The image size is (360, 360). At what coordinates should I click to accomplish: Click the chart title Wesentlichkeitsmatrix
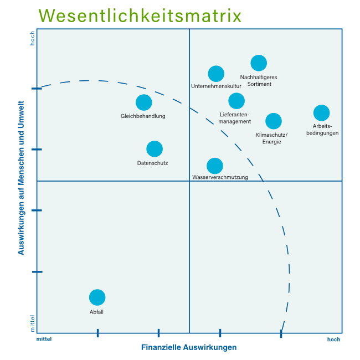point(141,16)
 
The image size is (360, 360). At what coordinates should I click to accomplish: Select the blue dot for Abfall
point(97,297)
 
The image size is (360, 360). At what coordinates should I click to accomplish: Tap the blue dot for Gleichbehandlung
point(143,102)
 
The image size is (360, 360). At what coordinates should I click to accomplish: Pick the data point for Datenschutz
point(155,149)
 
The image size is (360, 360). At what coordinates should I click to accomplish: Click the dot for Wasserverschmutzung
point(215,166)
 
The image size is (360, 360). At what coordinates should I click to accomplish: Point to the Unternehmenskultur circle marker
point(216,74)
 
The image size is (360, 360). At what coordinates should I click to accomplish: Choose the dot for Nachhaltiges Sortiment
point(259,63)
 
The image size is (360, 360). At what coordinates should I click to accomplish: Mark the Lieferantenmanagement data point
point(236,101)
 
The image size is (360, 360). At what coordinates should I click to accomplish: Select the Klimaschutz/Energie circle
point(273,121)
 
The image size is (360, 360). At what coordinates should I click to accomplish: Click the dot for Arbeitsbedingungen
point(321,113)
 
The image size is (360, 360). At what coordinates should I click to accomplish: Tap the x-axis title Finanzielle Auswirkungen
point(189,348)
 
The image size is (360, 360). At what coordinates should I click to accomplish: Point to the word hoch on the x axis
point(333,340)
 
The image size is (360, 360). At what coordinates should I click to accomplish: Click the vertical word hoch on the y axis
point(32,38)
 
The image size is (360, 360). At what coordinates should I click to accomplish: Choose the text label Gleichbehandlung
point(143,116)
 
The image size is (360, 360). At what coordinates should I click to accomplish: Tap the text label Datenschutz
point(152,163)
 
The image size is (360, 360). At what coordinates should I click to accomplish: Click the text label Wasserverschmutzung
point(220,177)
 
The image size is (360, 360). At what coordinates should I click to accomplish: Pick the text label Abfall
point(97,312)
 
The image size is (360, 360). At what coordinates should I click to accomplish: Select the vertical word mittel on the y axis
point(32,323)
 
